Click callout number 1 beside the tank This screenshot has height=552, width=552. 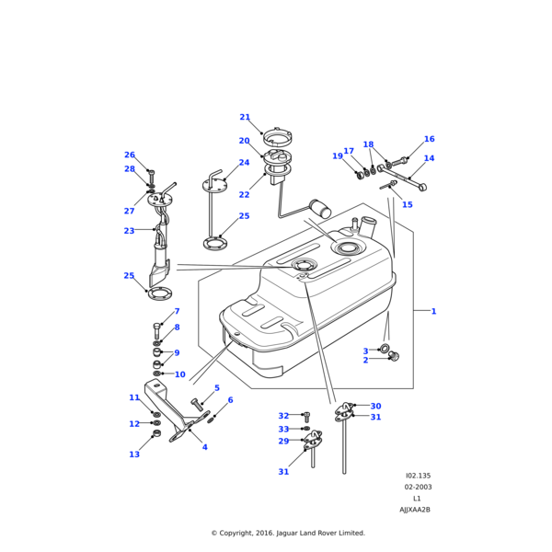pyautogui.click(x=433, y=311)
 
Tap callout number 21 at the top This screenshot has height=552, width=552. pyautogui.click(x=245, y=118)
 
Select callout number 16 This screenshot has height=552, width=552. pyautogui.click(x=429, y=140)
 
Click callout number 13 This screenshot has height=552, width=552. pyautogui.click(x=134, y=454)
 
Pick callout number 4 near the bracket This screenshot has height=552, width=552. pyautogui.click(x=204, y=447)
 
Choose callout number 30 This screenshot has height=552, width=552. pyautogui.click(x=375, y=406)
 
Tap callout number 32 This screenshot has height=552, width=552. pyautogui.click(x=283, y=416)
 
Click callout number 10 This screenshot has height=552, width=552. pyautogui.click(x=179, y=374)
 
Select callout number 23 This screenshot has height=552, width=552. pyautogui.click(x=129, y=231)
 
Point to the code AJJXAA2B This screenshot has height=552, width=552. pyautogui.click(x=414, y=509)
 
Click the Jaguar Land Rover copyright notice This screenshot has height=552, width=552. pyautogui.click(x=288, y=533)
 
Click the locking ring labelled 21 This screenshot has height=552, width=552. pyautogui.click(x=277, y=138)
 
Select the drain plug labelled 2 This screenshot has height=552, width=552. pyautogui.click(x=395, y=356)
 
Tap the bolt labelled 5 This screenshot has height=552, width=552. pyautogui.click(x=196, y=403)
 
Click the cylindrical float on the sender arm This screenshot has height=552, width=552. pyautogui.click(x=320, y=208)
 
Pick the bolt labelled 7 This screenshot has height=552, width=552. pyautogui.click(x=156, y=327)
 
